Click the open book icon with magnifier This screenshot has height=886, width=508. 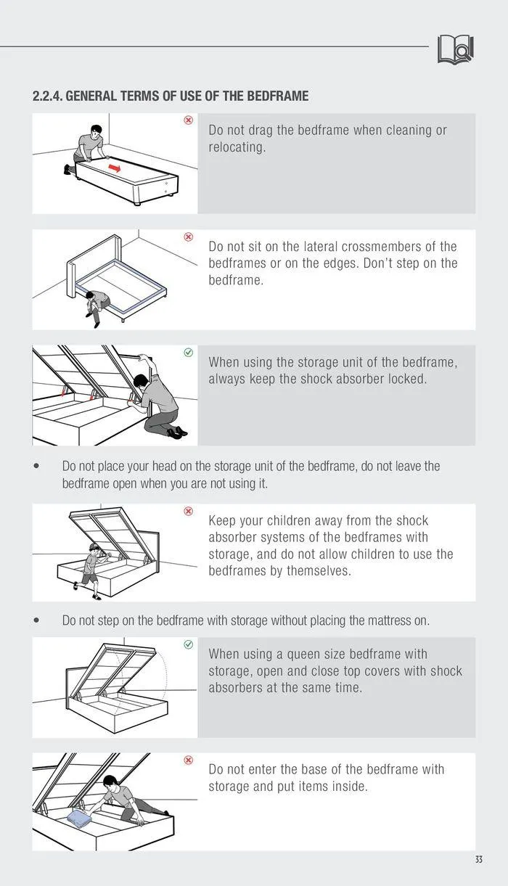[455, 49]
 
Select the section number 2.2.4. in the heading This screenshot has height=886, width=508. [47, 96]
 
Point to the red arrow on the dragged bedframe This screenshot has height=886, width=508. [115, 168]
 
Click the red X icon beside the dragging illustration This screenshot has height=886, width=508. [189, 120]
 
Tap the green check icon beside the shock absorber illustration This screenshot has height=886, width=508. [189, 353]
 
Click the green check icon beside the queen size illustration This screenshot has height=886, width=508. [189, 644]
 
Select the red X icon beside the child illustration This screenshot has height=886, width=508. [189, 511]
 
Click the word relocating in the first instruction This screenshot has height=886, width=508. [237, 147]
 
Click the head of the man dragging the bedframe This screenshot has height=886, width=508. [96, 131]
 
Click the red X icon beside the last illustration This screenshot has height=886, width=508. [189, 760]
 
